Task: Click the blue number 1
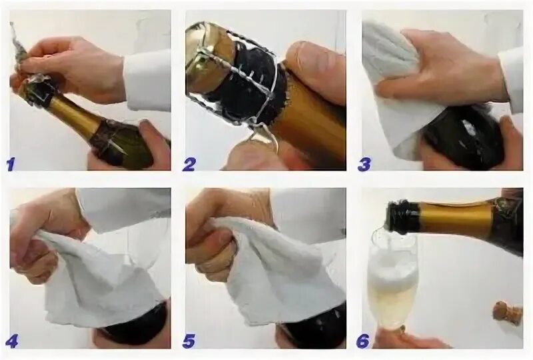click(11, 164)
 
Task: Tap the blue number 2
click(189, 164)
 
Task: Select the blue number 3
click(364, 164)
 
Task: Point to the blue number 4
click(11, 341)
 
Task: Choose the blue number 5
click(189, 341)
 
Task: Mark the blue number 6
click(363, 341)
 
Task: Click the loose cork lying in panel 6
click(507, 313)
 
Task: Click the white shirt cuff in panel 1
click(147, 81)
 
